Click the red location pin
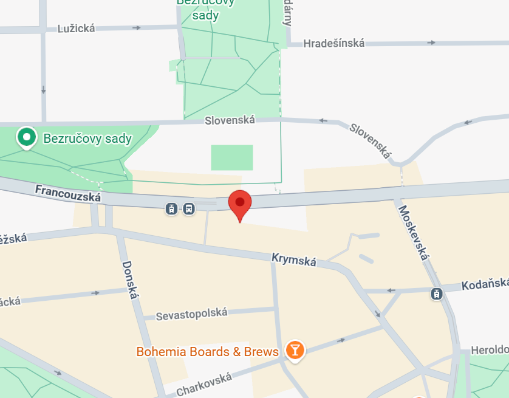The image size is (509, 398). pos(240,204)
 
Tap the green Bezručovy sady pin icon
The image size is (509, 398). pos(26,137)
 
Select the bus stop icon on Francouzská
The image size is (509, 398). pos(189,209)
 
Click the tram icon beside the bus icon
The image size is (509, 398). pos(173,209)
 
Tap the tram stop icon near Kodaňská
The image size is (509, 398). pos(436,294)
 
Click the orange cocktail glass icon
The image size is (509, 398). pos(295,350)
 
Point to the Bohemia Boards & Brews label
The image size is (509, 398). pos(207,352)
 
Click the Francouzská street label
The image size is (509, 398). pos(68,194)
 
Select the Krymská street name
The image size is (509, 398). pos(294,260)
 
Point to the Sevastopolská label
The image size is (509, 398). pos(191,314)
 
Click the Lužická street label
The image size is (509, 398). pos(76,28)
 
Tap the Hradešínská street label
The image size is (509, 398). pos(333,43)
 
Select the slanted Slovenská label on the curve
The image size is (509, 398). pos(369,141)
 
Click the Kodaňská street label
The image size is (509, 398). pos(484,285)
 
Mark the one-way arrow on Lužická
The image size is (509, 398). pos(137,27)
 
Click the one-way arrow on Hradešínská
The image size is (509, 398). pos(431,43)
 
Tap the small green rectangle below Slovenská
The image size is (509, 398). pos(231,157)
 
